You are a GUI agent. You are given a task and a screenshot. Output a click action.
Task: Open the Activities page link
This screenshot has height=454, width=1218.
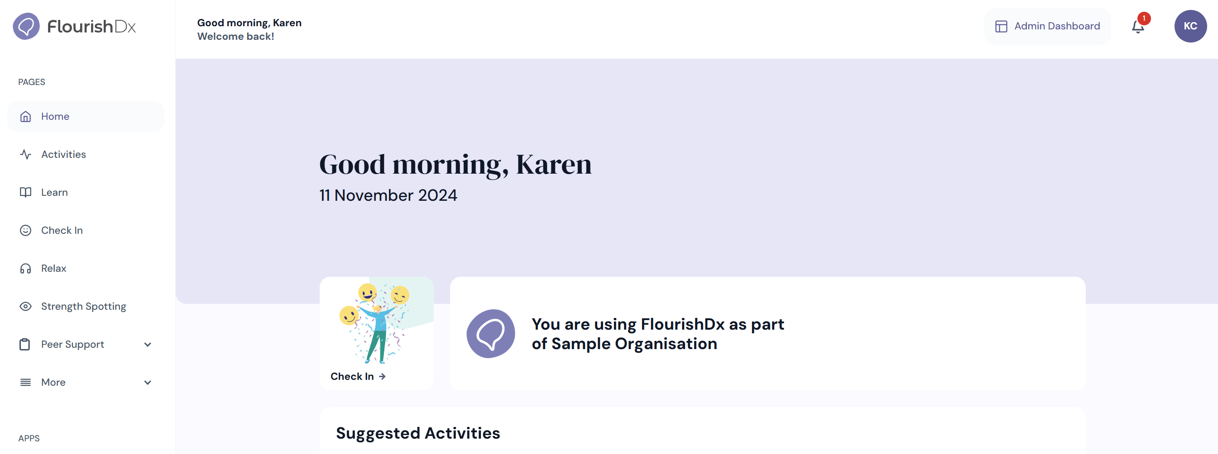click(x=63, y=155)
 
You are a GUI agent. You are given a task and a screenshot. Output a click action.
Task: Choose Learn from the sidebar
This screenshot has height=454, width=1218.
click(x=54, y=192)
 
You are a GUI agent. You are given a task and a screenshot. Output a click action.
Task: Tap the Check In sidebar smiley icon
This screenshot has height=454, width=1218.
click(x=25, y=230)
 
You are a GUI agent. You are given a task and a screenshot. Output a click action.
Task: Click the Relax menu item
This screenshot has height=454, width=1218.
click(x=53, y=268)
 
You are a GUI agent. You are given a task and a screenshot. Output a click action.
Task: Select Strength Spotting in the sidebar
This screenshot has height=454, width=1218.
click(x=83, y=306)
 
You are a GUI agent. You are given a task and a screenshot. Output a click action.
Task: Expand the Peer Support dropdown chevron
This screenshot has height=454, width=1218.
click(x=148, y=345)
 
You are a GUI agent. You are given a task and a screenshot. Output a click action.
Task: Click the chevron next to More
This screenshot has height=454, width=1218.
click(x=148, y=383)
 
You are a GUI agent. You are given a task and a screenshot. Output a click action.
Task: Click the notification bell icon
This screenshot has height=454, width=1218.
click(x=1137, y=27)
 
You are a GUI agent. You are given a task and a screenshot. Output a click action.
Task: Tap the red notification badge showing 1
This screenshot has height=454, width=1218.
click(x=1144, y=19)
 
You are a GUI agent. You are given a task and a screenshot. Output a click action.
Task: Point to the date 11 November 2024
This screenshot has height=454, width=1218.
click(x=388, y=195)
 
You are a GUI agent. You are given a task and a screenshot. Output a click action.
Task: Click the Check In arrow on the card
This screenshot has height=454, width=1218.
click(x=382, y=377)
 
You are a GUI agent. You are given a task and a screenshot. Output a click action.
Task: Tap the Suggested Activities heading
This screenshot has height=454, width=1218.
click(x=418, y=433)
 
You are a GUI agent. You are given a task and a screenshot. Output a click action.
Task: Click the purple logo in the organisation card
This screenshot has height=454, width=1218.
click(x=491, y=334)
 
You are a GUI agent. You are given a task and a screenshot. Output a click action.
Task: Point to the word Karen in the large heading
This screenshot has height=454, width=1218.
click(x=554, y=165)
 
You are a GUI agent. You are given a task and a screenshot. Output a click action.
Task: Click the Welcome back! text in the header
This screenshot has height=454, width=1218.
click(x=235, y=36)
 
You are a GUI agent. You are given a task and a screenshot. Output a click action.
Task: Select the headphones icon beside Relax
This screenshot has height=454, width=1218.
click(x=25, y=268)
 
